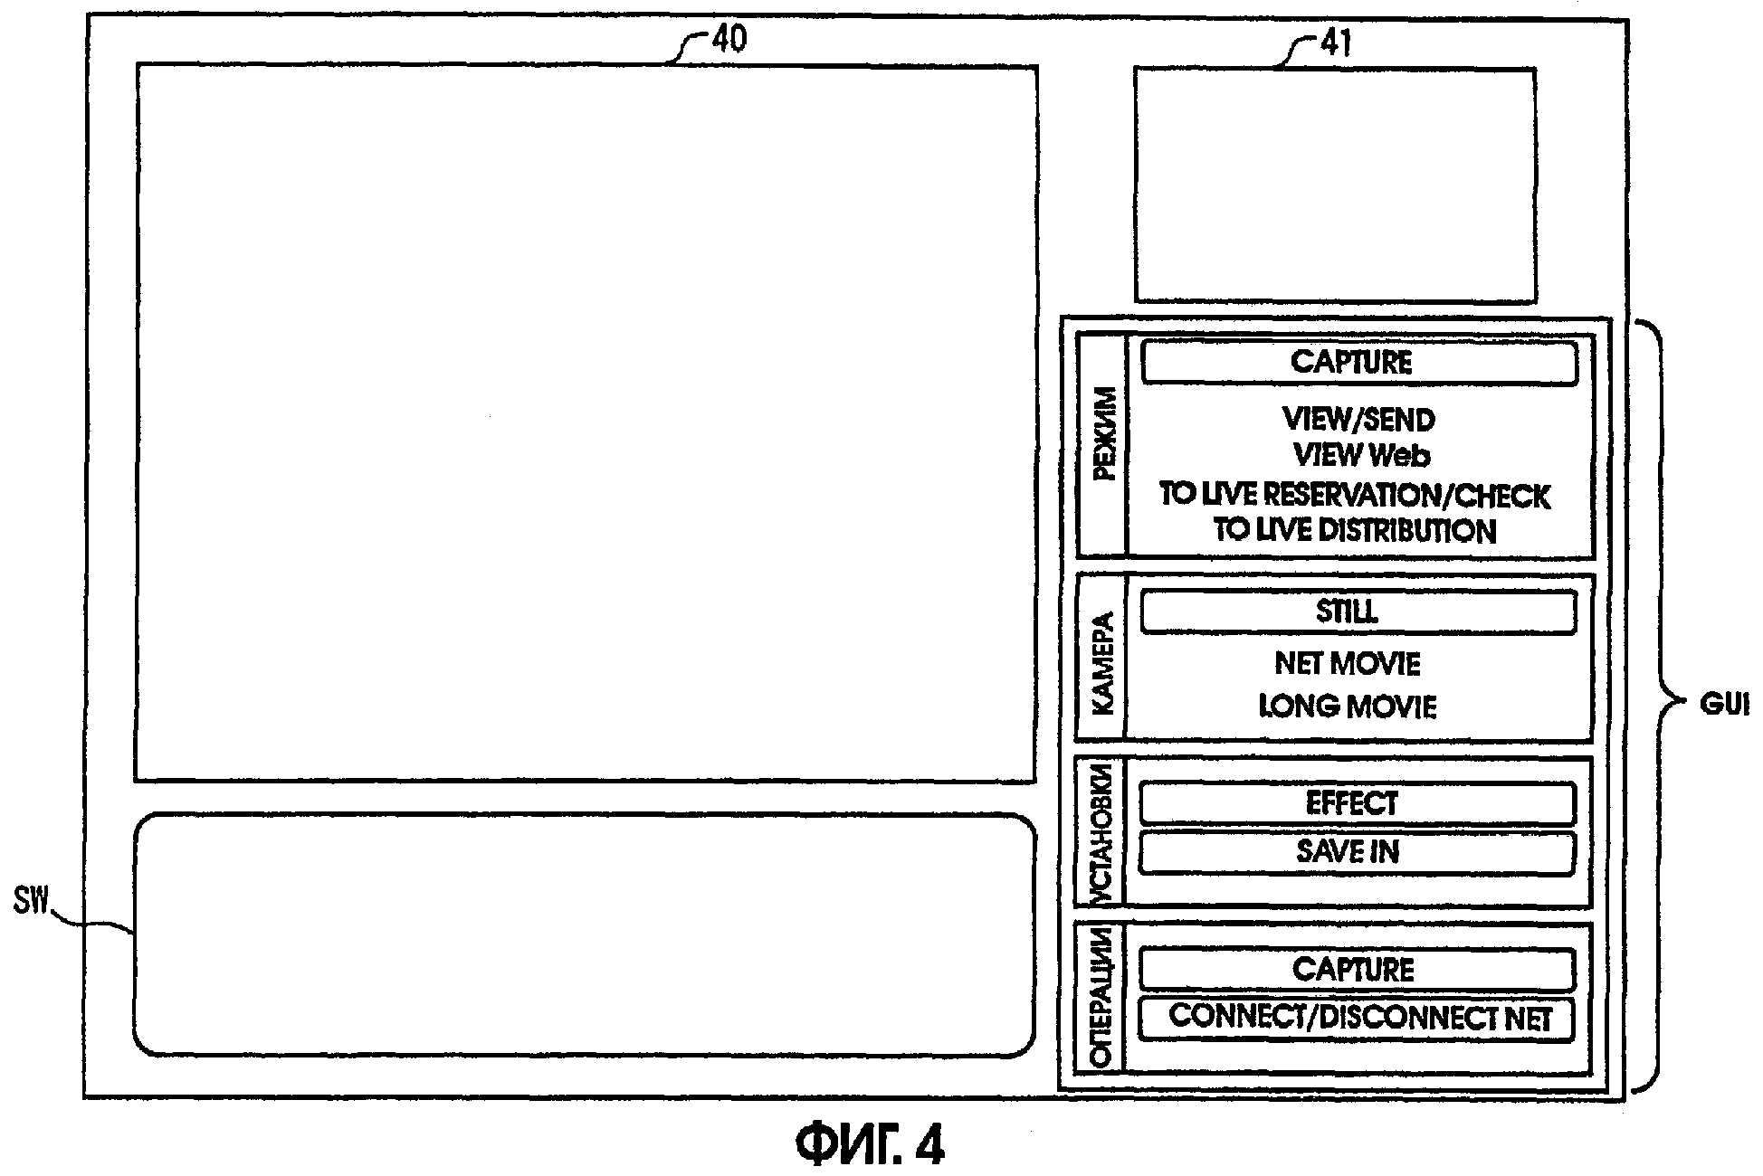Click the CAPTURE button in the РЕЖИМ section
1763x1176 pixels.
1358,363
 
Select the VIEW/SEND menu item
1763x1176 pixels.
1358,420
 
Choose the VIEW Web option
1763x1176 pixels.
1361,454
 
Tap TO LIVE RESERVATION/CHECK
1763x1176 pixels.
1355,496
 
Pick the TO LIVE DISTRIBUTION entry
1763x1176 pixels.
1355,530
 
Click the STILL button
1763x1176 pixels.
1357,612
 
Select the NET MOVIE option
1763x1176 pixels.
1348,664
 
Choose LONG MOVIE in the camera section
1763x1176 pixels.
1348,707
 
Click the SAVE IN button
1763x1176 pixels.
1356,852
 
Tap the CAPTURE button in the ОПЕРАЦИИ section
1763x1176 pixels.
1356,970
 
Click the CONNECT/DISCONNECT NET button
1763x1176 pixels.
1356,1019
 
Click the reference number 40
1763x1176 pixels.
729,41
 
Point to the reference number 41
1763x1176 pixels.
1335,43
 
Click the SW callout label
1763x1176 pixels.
31,902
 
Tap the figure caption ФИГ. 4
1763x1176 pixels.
871,1144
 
